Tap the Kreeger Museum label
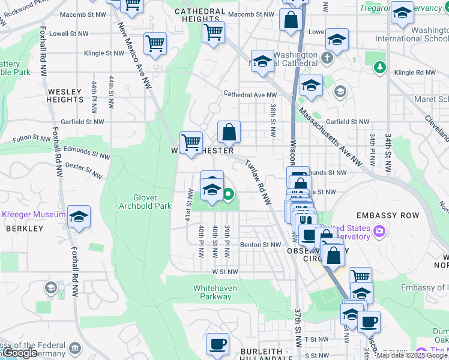34,214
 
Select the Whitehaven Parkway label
215,292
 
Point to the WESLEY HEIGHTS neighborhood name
64,96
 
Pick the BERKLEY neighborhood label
25,229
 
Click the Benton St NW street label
261,245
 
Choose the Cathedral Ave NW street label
250,95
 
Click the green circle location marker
229,194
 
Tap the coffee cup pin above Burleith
217,344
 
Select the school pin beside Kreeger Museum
79,216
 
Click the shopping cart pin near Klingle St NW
155,43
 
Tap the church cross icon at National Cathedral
327,58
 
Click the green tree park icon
379,67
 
